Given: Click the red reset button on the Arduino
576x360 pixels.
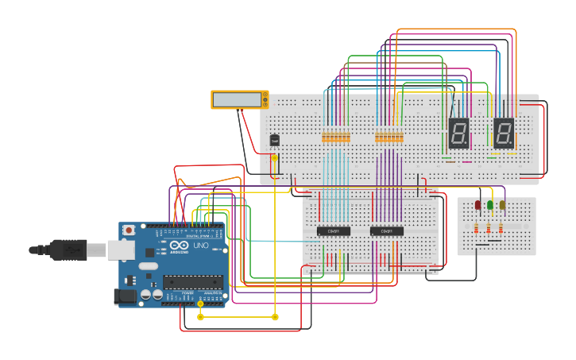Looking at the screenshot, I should click(129, 230).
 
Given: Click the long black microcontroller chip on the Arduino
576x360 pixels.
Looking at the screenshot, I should click(192, 281).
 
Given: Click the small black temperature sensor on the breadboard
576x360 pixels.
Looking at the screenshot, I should click(274, 140).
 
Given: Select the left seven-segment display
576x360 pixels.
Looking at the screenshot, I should click(458, 133).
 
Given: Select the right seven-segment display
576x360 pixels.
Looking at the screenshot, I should click(504, 133).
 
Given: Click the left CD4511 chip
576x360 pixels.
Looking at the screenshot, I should click(334, 231).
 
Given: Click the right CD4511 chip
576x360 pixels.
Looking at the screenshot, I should click(387, 231).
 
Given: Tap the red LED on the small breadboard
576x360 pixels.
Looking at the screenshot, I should click(478, 205).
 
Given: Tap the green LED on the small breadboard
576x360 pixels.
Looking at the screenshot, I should click(490, 205).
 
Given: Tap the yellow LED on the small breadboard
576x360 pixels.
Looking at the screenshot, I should click(502, 205).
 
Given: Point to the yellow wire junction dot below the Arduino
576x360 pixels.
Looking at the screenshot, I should click(200, 317).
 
